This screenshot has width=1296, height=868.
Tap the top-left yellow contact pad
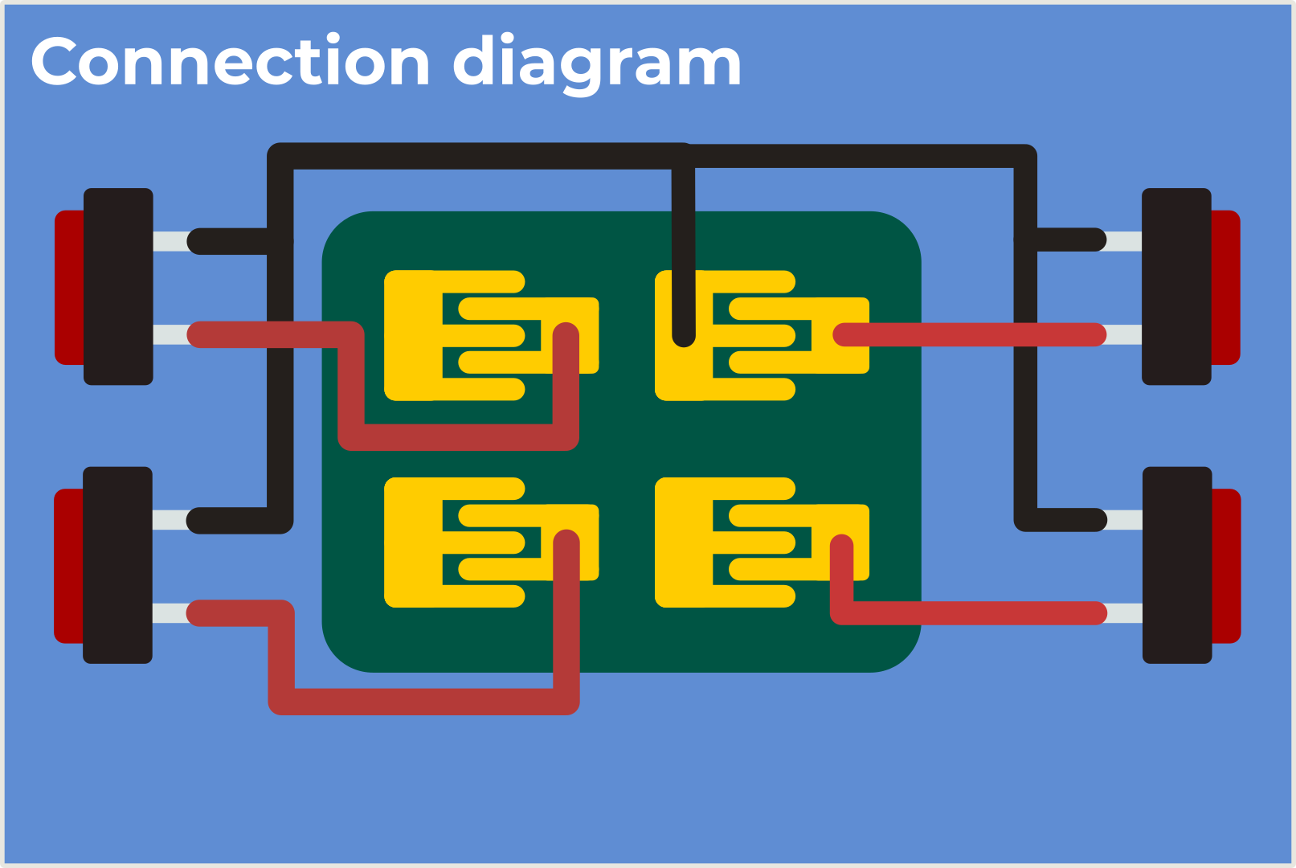click(x=414, y=335)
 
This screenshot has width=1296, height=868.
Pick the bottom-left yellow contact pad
click(x=414, y=542)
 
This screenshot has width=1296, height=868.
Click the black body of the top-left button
click(x=118, y=287)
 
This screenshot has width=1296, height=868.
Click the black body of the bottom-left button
click(x=117, y=565)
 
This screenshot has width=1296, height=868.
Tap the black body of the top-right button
click(x=1176, y=287)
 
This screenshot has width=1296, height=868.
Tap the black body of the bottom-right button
click(x=1177, y=565)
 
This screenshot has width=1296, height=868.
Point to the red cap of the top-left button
click(x=68, y=287)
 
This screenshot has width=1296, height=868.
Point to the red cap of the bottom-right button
click(x=1226, y=566)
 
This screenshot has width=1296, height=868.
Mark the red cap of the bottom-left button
click(x=67, y=566)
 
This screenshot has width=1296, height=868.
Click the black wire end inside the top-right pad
click(x=683, y=335)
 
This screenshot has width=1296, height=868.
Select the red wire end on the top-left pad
click(x=566, y=334)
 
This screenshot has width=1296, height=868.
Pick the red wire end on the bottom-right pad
click(x=841, y=547)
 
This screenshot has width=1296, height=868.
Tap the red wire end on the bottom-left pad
click(x=566, y=542)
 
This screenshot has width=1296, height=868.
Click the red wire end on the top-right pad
click(x=845, y=334)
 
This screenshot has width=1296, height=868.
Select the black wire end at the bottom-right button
click(x=1094, y=520)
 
